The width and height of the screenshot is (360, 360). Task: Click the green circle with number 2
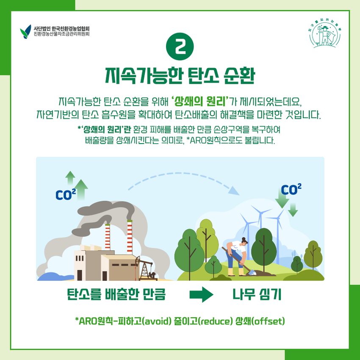(x=180, y=47)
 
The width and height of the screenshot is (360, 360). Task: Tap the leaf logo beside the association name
(x=25, y=32)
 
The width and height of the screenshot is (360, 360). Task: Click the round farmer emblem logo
(x=325, y=33)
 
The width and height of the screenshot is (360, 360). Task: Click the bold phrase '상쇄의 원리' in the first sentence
(x=200, y=101)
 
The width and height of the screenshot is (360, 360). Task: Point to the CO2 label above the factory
(x=66, y=195)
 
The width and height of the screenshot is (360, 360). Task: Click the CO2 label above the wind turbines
(x=291, y=189)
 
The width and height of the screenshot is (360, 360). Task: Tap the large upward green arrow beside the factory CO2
(x=81, y=190)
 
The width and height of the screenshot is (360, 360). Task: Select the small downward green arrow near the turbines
(x=293, y=210)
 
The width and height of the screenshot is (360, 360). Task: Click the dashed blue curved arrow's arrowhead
(x=234, y=191)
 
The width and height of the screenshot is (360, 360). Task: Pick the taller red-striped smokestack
(x=130, y=236)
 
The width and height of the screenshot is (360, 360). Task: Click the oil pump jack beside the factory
(x=145, y=268)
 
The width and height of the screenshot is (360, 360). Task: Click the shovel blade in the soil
(x=252, y=273)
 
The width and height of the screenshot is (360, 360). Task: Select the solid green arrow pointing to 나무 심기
(x=201, y=295)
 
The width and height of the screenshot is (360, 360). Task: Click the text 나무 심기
(x=257, y=295)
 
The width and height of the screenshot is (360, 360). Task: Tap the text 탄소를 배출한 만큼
(x=116, y=295)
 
